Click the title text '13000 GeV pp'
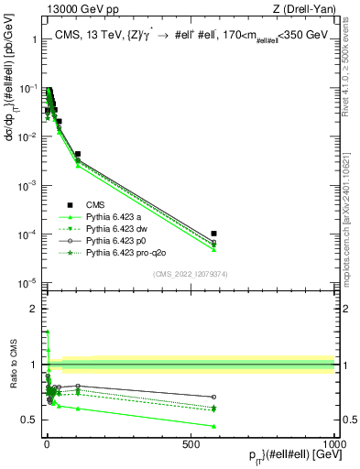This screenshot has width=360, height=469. tap(71, 10)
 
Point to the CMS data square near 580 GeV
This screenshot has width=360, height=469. tap(213, 234)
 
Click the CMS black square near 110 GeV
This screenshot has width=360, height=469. tap(78, 154)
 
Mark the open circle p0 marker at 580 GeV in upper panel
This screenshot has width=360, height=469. tap(213, 243)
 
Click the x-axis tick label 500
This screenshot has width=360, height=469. tap(191, 444)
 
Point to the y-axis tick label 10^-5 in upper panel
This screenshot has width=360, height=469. tap(27, 282)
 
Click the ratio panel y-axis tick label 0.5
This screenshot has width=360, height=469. tap(29, 420)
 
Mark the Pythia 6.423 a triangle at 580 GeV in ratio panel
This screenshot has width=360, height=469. tap(213, 426)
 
